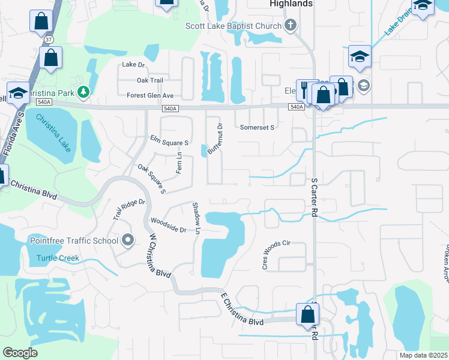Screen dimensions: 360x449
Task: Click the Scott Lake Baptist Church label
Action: point(234,26)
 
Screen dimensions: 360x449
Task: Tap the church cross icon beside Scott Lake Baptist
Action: point(291,25)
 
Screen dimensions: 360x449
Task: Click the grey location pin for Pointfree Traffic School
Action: point(127,241)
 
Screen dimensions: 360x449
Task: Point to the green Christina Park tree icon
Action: point(84,92)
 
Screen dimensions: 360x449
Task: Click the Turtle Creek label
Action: point(58,259)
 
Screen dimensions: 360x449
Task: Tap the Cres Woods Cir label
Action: point(276,255)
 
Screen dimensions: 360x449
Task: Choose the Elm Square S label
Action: point(170,140)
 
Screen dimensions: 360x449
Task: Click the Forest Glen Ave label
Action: point(150,95)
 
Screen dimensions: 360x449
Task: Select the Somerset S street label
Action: point(257,127)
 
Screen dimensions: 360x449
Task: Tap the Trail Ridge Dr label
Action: point(129,210)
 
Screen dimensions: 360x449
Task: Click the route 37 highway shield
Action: point(47,39)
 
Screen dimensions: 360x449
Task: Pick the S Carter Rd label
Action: point(313,197)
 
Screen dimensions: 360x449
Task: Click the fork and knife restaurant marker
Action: point(304,89)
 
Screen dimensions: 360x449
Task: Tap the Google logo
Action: point(20,353)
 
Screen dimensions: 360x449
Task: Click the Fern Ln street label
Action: point(179,163)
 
